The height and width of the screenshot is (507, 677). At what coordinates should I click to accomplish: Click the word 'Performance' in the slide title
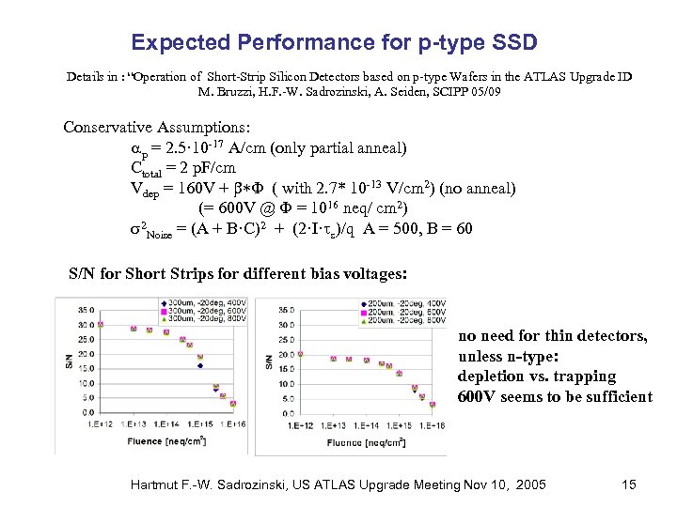[x=284, y=42]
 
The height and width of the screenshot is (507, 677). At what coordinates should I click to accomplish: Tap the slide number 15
[x=629, y=484]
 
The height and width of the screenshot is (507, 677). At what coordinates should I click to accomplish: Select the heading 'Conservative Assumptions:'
[x=157, y=127]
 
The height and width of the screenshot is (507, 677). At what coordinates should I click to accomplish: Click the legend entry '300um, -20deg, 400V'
[x=206, y=304]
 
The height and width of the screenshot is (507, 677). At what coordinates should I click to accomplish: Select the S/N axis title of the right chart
[x=269, y=360]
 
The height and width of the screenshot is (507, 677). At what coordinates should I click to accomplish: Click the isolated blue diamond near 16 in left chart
[x=200, y=366]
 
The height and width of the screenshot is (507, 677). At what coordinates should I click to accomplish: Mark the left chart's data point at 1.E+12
[x=101, y=324]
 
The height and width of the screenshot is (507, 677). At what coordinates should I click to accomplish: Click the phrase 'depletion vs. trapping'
[x=536, y=376]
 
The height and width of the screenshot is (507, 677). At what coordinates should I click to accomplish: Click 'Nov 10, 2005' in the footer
[x=509, y=484]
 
